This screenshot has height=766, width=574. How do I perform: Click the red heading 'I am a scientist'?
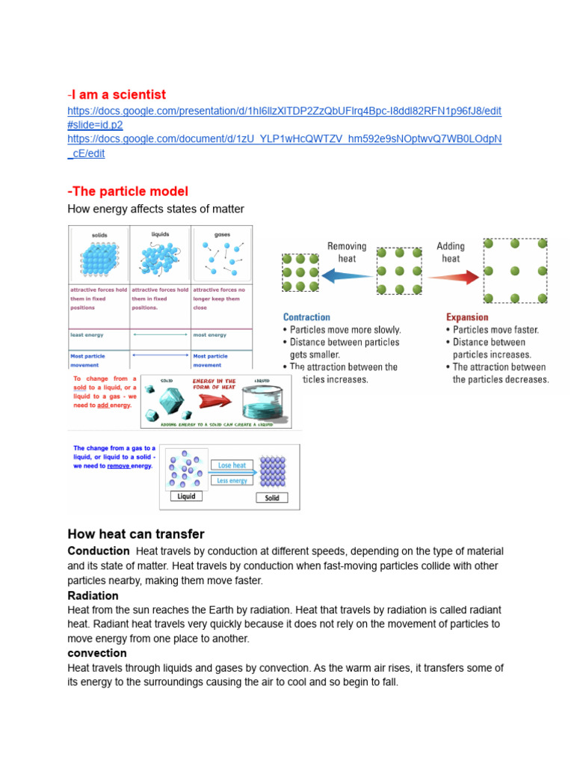point(118,94)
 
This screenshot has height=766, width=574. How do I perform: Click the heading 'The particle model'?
point(129,191)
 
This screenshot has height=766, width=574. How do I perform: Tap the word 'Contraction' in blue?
point(306,317)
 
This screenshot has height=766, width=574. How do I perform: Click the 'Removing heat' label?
point(347,252)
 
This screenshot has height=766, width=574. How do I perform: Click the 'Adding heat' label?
point(451,252)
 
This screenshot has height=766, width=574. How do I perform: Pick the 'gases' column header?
point(222,235)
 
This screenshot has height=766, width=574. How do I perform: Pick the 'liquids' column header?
point(160,234)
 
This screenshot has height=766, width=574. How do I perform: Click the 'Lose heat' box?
point(232,465)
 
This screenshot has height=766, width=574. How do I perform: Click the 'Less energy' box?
point(232,481)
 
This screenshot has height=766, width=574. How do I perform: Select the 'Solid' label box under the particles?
point(272,497)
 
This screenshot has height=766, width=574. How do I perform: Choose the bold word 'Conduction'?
point(99,551)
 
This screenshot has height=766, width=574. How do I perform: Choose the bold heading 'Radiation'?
point(93,595)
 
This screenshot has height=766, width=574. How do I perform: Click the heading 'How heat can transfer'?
point(135,534)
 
